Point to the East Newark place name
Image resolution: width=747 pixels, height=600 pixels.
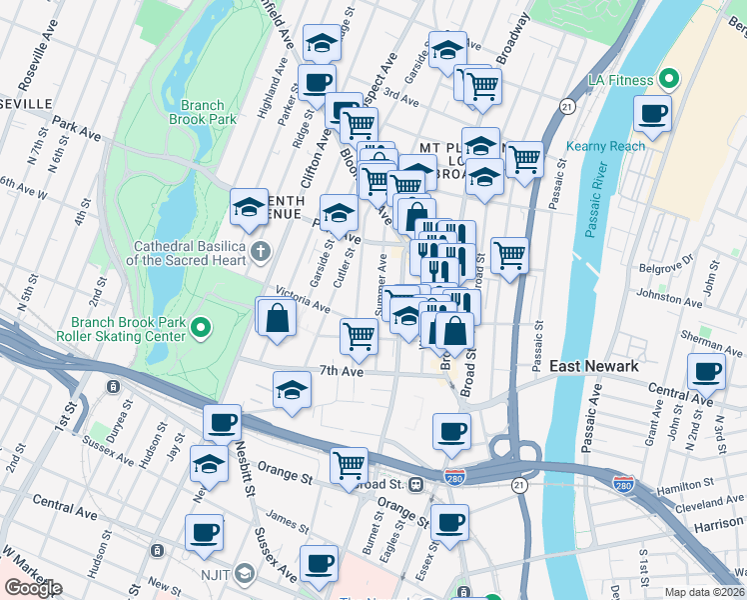[594, 367]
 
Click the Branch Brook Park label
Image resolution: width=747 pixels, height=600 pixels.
[209, 111]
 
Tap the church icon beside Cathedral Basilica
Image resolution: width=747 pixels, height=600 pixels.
[261, 249]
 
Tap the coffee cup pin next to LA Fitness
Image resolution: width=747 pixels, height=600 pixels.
[652, 114]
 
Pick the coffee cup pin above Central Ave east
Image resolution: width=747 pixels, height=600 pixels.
[706, 372]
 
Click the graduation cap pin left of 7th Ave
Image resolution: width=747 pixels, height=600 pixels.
[291, 390]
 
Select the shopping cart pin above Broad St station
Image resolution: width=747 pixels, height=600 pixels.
[349, 464]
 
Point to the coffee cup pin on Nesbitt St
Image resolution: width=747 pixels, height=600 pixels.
[222, 422]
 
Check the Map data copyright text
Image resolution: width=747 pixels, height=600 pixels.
[704, 591]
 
